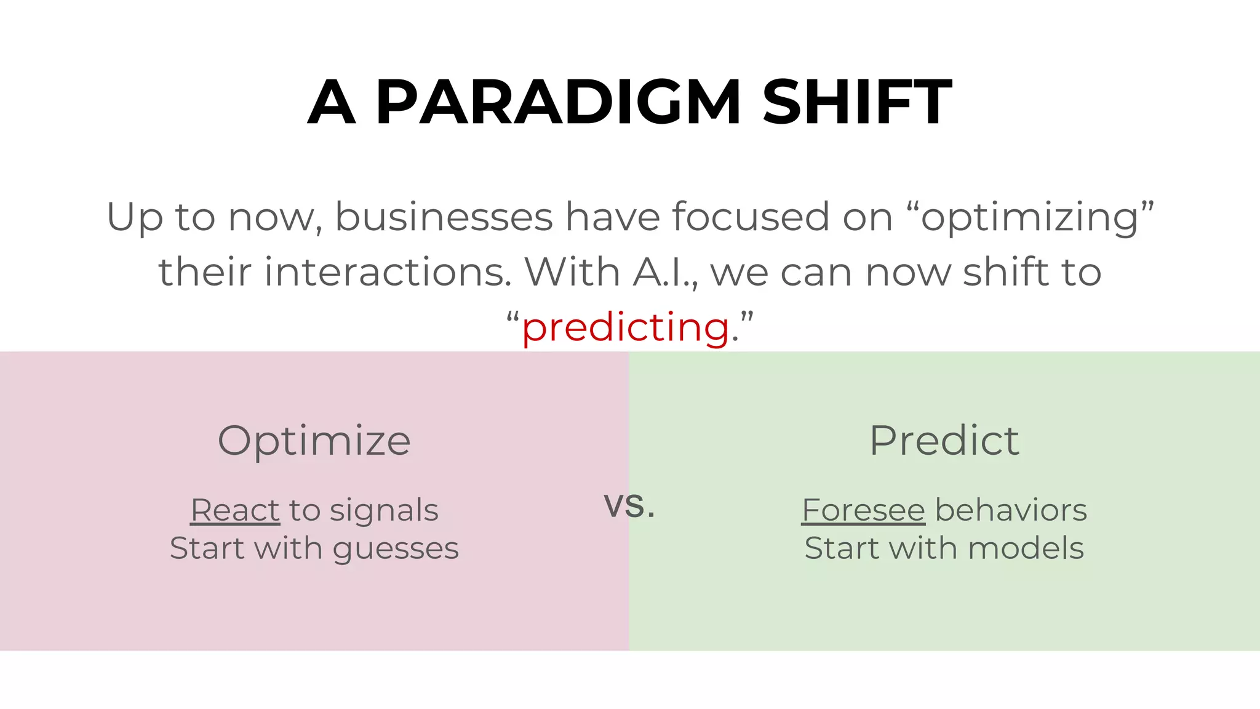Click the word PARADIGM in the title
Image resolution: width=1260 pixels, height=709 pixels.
(x=557, y=102)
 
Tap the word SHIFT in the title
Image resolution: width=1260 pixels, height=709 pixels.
(x=856, y=102)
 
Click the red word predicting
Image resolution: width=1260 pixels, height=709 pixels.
(x=626, y=327)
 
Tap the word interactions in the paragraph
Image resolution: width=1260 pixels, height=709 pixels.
(x=388, y=272)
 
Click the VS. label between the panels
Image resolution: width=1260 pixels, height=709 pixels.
(x=629, y=507)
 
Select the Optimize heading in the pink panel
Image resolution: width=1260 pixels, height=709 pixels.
(x=314, y=441)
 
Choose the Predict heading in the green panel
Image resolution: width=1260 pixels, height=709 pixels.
(x=944, y=441)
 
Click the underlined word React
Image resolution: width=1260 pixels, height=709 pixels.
(x=235, y=510)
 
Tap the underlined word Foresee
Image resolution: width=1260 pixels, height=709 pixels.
(x=863, y=510)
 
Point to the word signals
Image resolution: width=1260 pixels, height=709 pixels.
(x=383, y=510)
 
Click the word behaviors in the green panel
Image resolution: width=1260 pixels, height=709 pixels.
(x=1011, y=510)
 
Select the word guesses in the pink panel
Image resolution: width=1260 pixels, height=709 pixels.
(x=396, y=549)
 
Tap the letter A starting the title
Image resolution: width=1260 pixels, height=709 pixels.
(x=332, y=102)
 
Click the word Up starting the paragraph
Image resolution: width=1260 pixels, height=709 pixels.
(x=135, y=218)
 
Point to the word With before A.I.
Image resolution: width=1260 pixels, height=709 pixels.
(x=572, y=272)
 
